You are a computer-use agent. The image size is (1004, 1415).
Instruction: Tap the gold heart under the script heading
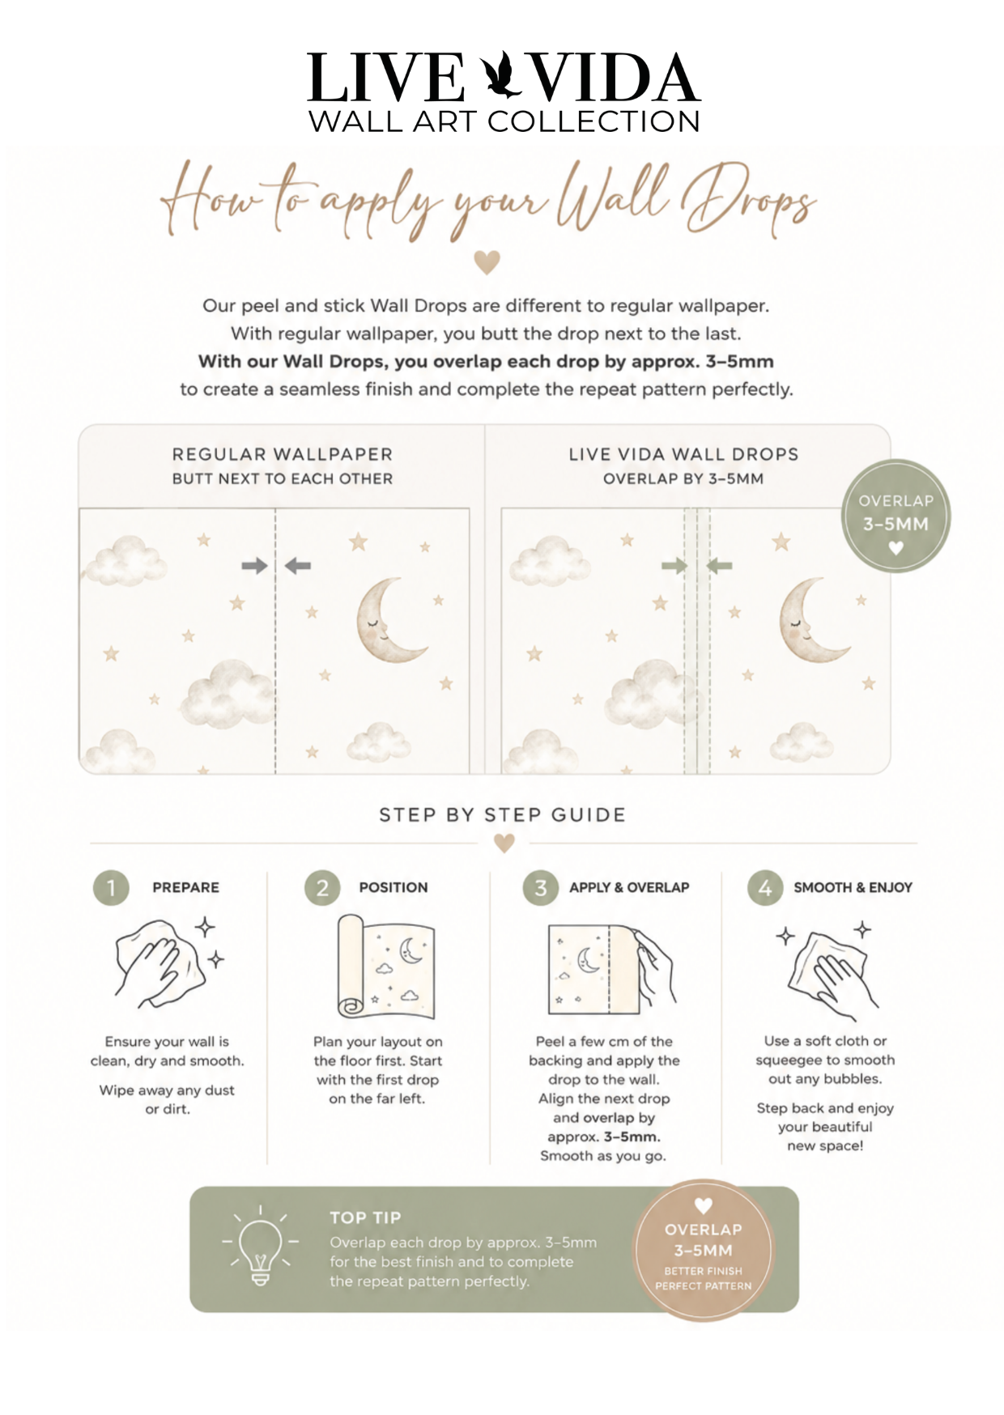point(487,262)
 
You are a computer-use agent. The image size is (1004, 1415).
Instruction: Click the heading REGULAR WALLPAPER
point(283,454)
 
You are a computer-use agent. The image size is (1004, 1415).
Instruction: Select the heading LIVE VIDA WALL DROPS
point(683,454)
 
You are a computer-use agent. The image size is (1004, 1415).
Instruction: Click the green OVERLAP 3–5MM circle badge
point(896,516)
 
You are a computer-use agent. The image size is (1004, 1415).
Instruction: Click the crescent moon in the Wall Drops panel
point(810,619)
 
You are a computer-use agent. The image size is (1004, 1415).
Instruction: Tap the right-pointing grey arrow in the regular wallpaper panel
point(254,566)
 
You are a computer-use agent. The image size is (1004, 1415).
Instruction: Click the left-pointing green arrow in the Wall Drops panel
point(719,566)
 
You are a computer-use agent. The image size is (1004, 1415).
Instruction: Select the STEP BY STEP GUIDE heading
point(503,815)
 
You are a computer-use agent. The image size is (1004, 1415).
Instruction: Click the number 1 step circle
point(111,888)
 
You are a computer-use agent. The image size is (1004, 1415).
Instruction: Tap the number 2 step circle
point(322,888)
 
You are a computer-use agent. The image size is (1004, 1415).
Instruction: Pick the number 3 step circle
point(541,888)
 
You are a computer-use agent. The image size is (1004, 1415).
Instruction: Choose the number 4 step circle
point(765,888)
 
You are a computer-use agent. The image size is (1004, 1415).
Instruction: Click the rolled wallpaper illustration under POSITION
point(385,967)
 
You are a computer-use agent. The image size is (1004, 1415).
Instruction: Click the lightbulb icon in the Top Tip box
point(260,1247)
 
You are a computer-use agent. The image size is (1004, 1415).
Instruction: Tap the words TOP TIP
point(365,1217)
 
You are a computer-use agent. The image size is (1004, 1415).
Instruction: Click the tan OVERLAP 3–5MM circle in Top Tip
point(703,1251)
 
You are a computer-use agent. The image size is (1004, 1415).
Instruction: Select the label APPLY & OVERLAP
point(629,887)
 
